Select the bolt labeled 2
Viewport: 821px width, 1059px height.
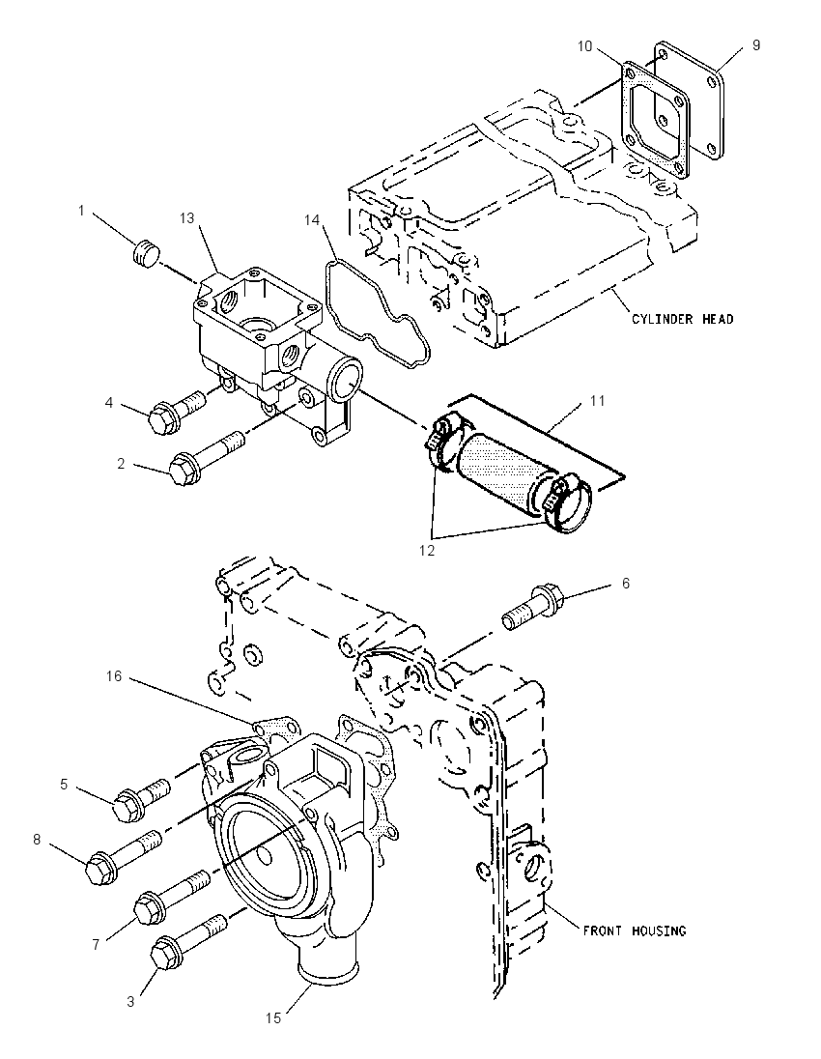[x=206, y=457]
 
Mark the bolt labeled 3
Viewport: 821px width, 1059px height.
[x=191, y=943]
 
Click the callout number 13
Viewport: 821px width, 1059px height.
[x=187, y=217]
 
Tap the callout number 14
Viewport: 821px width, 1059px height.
[x=311, y=219]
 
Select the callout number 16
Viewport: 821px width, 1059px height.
[x=114, y=675]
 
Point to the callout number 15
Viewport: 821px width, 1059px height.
[x=272, y=1017]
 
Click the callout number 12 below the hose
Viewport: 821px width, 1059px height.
[x=427, y=551]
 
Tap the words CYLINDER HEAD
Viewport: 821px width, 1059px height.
[x=682, y=319]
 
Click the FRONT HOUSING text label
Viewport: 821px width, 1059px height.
[x=634, y=930]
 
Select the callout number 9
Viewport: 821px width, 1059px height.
[x=756, y=44]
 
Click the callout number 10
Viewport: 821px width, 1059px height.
[x=584, y=46]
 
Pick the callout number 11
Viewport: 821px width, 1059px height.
[x=597, y=400]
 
